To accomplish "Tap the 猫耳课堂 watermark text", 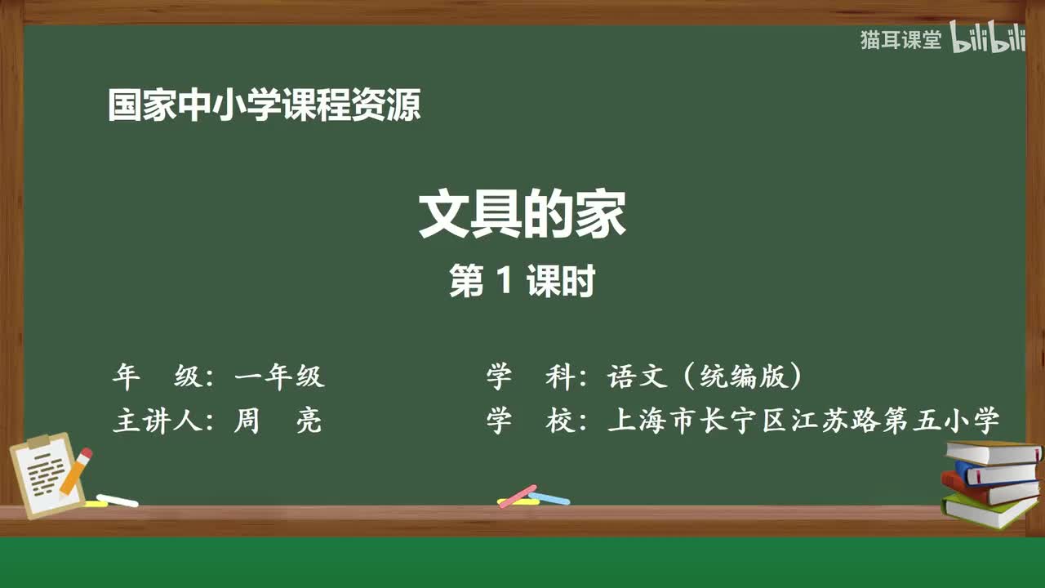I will tap(900, 40).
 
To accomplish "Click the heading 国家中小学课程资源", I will tap(265, 106).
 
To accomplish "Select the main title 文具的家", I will tap(522, 215).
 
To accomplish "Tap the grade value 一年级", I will tap(279, 376).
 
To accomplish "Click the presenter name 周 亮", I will tap(278, 421).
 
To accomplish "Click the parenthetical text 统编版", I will tap(740, 376).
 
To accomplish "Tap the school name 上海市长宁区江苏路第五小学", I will tap(803, 421).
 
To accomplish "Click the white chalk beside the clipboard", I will tap(118, 500).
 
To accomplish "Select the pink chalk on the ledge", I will tap(518, 496).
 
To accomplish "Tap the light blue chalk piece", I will tap(549, 497).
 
